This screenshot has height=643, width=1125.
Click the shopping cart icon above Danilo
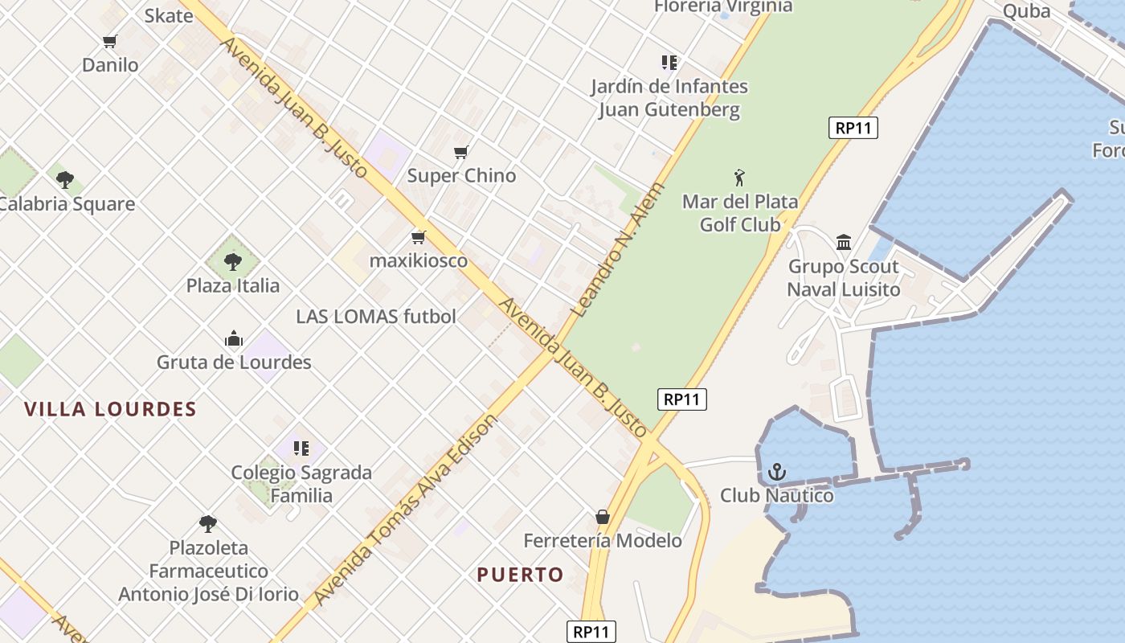coord(110,41)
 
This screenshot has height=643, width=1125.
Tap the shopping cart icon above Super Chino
coord(461,152)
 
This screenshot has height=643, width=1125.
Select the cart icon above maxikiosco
coord(418,237)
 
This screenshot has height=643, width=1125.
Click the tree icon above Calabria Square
coord(65,179)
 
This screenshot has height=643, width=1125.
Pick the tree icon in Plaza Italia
coord(233,261)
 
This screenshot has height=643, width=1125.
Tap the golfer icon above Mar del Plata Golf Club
coord(739,178)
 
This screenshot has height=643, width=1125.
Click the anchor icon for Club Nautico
coord(776,472)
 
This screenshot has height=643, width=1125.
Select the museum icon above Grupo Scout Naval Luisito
coord(844,242)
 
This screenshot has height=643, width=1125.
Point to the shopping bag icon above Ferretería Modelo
coord(603,516)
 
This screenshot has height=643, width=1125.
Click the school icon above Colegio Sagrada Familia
coord(301,448)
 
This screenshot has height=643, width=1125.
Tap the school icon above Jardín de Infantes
coord(669,62)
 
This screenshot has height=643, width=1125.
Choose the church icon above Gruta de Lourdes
coord(234,338)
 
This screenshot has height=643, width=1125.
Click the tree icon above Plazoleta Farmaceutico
coord(208,524)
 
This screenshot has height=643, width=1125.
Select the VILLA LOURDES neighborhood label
coord(110,409)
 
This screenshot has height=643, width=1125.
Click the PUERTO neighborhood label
coord(520,575)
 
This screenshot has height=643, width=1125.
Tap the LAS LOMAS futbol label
coord(376,317)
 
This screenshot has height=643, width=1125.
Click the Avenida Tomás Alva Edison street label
coord(406,510)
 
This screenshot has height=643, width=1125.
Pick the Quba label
coord(1026,10)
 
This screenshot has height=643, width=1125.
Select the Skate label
coord(169,15)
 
